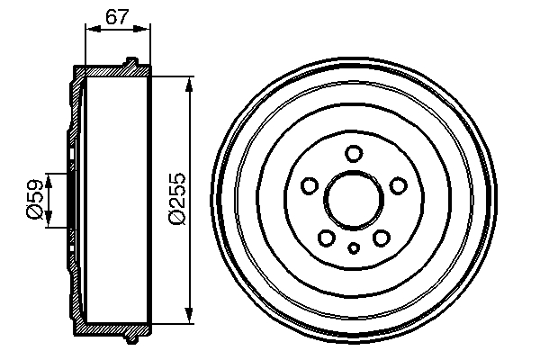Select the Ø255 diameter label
point(177,198)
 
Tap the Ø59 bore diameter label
point(33,199)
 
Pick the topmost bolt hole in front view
point(354,152)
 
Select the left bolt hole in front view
point(310,185)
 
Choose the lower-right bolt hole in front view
point(381,237)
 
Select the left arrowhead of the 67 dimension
point(90,29)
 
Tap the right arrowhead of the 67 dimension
point(146,29)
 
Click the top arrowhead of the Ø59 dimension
point(50,177)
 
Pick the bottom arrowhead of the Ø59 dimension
point(50,220)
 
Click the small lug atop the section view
point(131,62)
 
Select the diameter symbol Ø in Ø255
point(177,219)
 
